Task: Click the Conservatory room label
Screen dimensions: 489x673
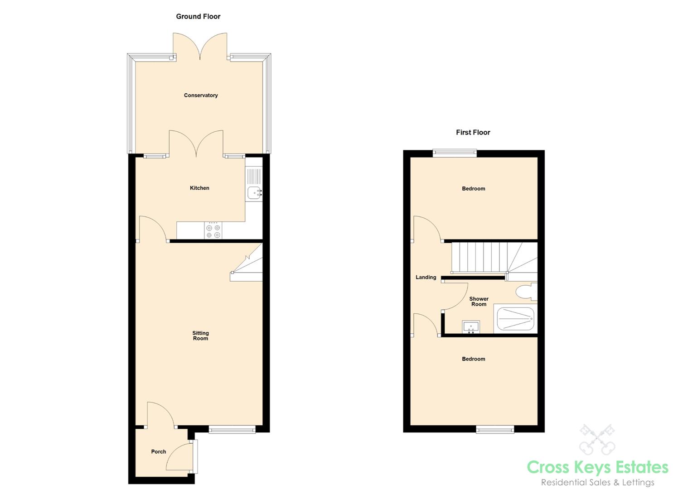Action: [201, 95]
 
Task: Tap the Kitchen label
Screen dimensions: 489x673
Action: [199, 188]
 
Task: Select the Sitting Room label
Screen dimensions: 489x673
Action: [200, 336]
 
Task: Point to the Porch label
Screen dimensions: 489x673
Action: [159, 451]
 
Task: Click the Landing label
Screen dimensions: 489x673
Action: [426, 277]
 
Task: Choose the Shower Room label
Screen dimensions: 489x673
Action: [479, 302]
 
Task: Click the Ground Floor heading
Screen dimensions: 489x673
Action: [198, 16]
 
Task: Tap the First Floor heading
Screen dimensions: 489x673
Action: [473, 132]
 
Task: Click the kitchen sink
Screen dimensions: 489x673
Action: [254, 192]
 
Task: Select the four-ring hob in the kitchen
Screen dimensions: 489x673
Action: [213, 231]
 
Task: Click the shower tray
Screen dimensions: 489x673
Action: [516, 319]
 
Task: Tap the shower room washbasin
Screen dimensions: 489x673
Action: [471, 327]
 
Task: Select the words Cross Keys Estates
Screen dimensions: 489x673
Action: [597, 467]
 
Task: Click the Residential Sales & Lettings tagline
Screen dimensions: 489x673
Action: [597, 482]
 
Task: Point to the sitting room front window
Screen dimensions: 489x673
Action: [232, 429]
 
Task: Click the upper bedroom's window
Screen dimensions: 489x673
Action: [455, 153]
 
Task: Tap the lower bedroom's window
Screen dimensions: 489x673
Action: [495, 429]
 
